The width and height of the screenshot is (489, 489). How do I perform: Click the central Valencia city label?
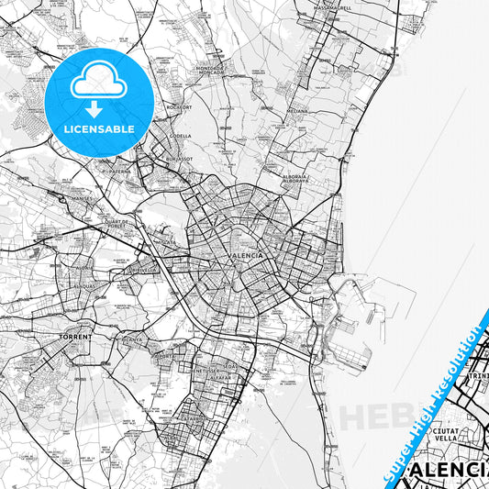[245, 255]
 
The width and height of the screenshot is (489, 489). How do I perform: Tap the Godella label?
[180, 136]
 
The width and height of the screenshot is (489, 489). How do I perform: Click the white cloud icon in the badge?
[98, 83]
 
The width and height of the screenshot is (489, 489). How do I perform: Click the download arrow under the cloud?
[98, 107]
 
